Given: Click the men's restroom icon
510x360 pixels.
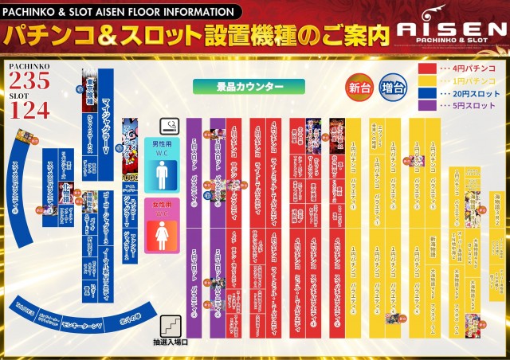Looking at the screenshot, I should (x=163, y=174).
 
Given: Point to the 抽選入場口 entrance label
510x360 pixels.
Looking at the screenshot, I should (x=170, y=343).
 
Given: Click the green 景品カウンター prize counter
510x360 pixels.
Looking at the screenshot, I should (x=249, y=85).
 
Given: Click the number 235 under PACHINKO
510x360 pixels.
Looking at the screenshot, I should (x=30, y=81).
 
